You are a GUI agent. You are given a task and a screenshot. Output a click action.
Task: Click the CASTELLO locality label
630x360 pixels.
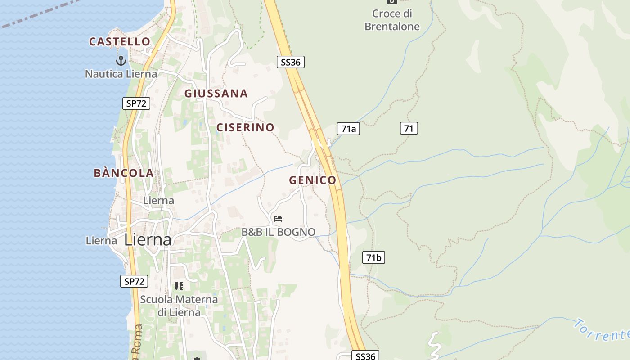pos(120,42)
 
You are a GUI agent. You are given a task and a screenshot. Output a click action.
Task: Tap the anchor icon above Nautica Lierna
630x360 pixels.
pos(121,60)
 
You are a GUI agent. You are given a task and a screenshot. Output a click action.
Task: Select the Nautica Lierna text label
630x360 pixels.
pos(121,74)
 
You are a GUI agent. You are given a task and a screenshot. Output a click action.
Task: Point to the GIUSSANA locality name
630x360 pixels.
pos(216,94)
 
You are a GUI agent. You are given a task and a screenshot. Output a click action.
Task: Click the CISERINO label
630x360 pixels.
pos(245,127)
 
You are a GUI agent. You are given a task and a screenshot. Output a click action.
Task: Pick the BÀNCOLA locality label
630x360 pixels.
pos(124,173)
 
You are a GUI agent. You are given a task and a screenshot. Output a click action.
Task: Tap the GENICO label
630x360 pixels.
pos(313,180)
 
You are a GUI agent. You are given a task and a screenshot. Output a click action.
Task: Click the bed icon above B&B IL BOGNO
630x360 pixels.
pos(278,219)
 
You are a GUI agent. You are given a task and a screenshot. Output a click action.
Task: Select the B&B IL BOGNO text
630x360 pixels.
pos(279,232)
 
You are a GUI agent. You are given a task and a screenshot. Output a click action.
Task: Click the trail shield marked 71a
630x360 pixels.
pos(348,129)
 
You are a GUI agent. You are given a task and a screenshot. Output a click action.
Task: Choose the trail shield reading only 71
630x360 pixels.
pos(409,129)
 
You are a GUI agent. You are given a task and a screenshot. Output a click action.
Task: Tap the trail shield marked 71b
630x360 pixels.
pos(373,258)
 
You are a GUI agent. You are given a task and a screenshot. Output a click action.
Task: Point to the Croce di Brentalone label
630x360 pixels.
pos(392,20)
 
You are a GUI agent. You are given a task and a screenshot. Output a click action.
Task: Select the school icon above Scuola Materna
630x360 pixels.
pos(179,286)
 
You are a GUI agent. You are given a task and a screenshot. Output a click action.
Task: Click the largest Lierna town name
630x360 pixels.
pos(148,240)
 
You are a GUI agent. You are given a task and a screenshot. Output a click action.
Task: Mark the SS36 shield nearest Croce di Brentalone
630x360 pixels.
pos(290,62)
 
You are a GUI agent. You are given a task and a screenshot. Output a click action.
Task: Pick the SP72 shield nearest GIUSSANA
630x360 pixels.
pos(136,103)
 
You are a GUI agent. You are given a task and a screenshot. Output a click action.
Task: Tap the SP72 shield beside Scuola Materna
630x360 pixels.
pos(134,282)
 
